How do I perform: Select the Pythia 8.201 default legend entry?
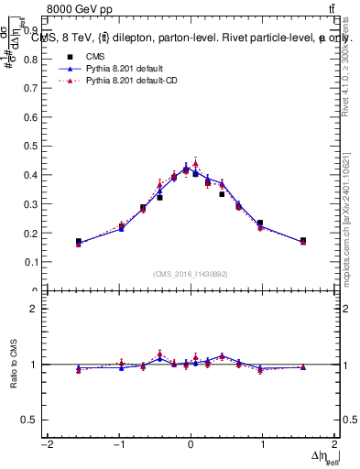click(123, 69)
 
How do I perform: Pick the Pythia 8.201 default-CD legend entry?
click(130, 82)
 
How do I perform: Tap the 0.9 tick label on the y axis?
click(29, 29)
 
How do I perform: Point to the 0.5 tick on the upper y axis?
click(29, 146)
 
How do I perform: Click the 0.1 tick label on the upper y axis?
click(29, 262)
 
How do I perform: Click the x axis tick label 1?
click(262, 445)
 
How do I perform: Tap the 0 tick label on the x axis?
click(190, 445)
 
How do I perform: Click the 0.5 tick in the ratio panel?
click(29, 420)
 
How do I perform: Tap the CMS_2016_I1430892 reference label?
click(190, 274)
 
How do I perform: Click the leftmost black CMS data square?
click(79, 242)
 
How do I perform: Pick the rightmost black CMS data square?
click(303, 241)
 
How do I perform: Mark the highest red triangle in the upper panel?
click(195, 164)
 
